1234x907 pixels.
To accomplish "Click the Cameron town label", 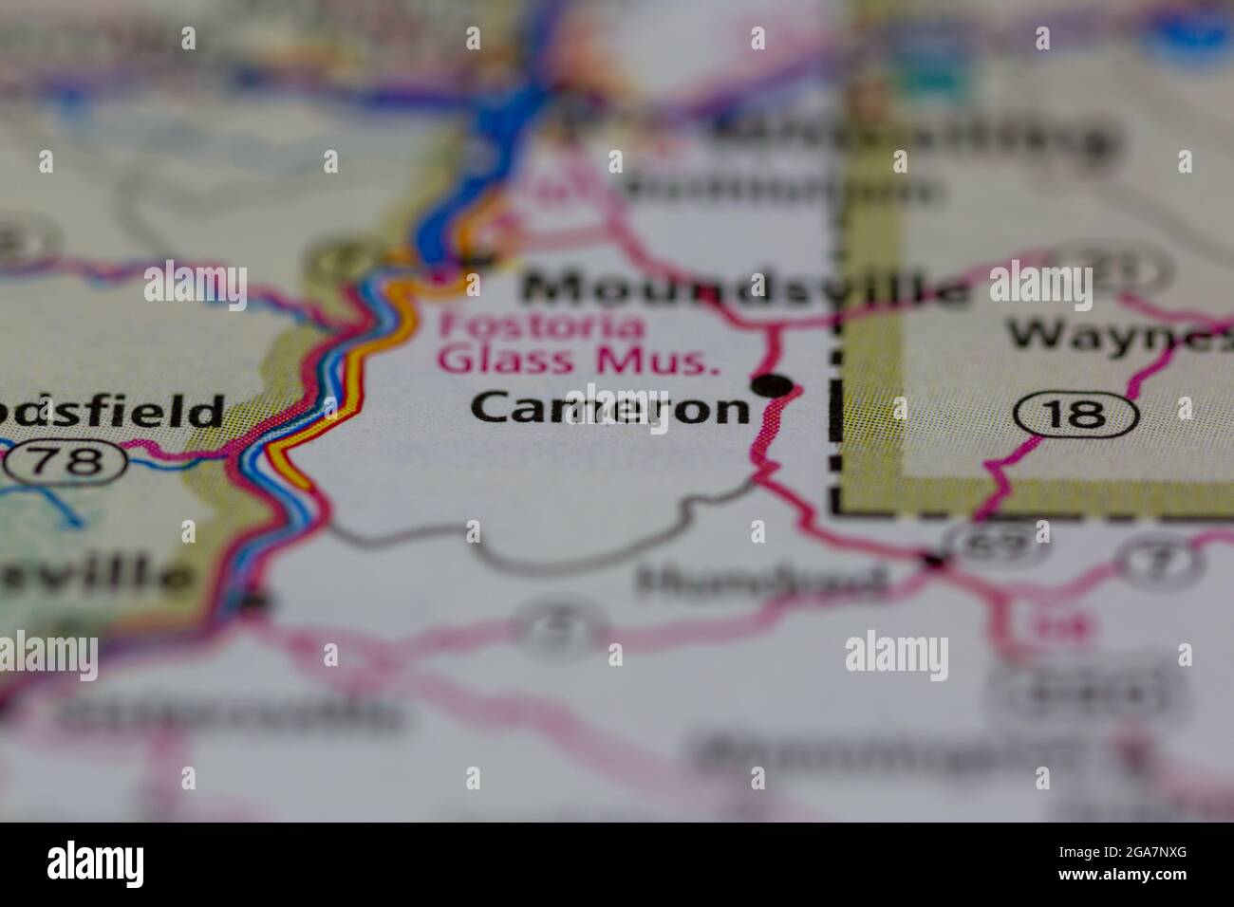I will tap(611, 407).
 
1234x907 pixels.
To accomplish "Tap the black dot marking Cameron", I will tap(773, 385).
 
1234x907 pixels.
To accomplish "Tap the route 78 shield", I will tap(65, 462).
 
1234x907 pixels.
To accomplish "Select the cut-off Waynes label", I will tap(1120, 333).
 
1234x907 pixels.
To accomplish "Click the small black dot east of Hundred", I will tap(935, 562).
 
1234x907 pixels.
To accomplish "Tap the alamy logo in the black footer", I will tap(96, 864).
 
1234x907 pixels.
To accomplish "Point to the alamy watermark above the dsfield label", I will tap(196, 285).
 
